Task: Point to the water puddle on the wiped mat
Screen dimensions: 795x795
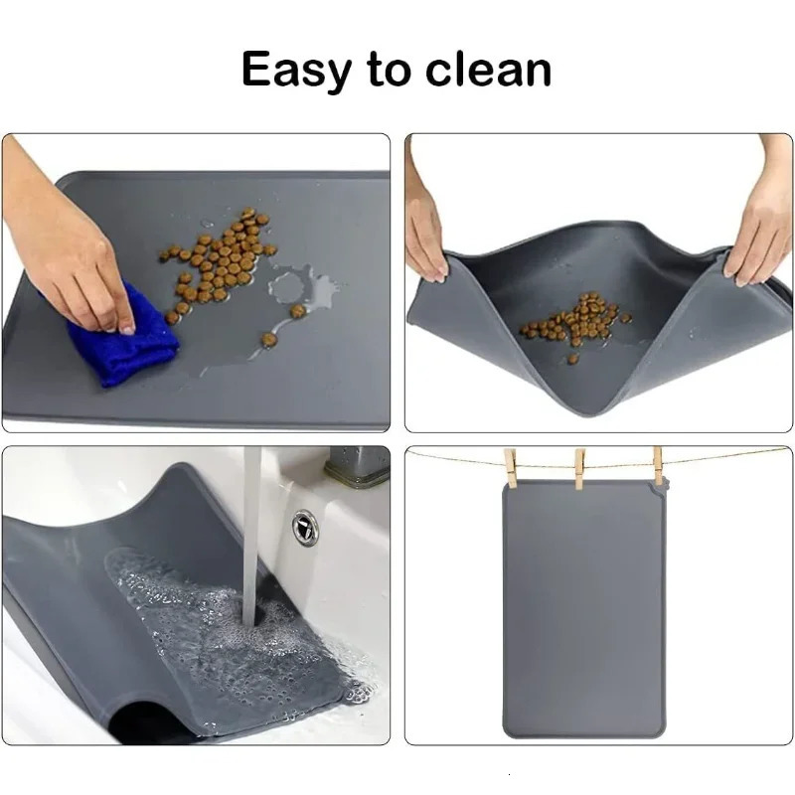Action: click(298, 288)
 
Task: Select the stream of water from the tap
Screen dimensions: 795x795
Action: click(251, 537)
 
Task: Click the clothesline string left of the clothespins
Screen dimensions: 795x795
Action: click(457, 459)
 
